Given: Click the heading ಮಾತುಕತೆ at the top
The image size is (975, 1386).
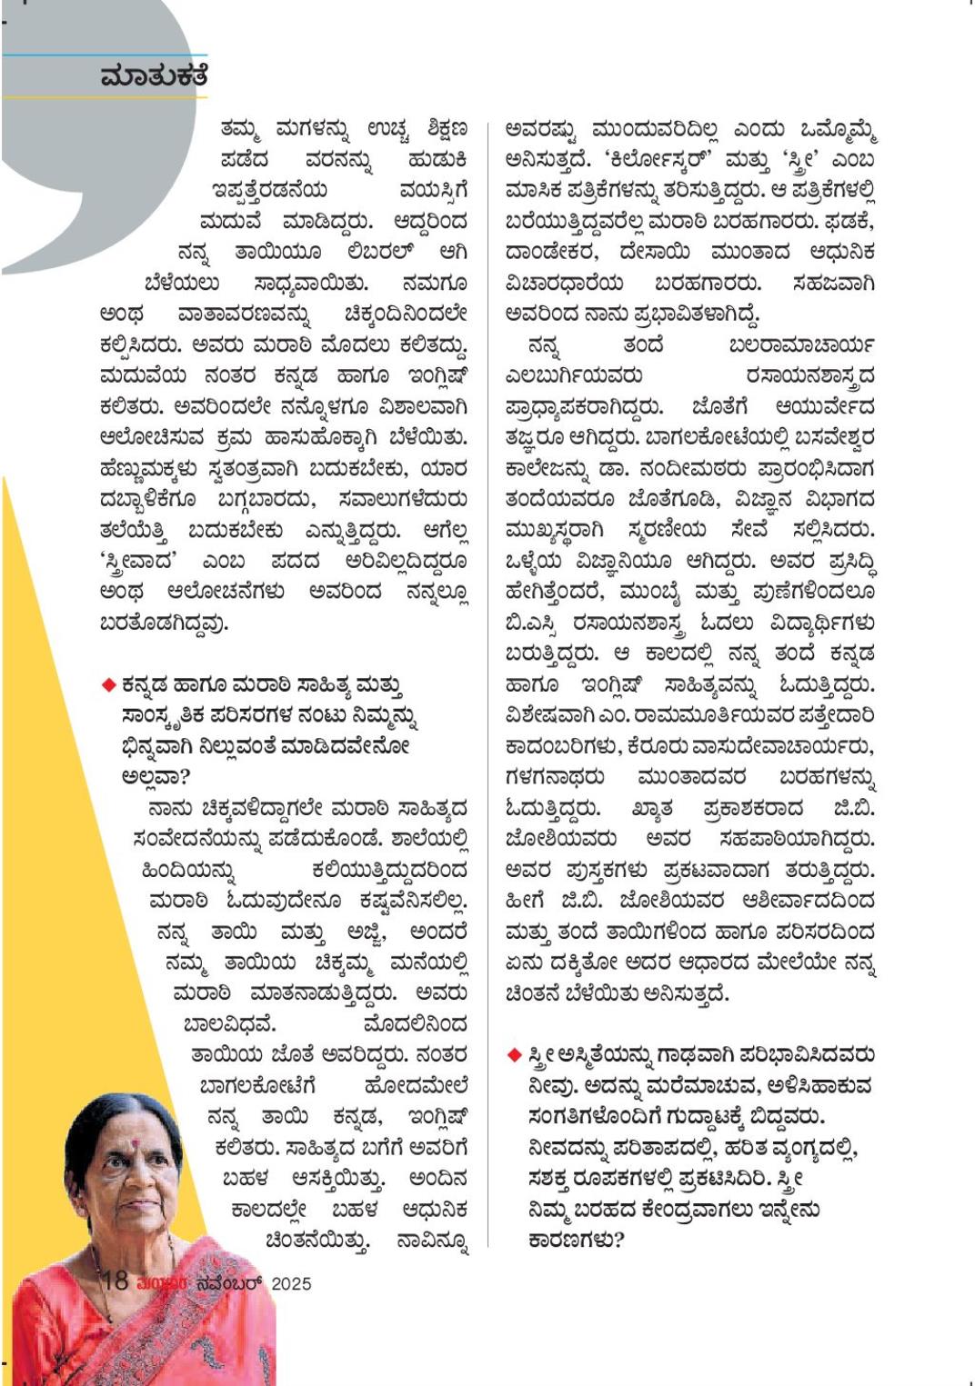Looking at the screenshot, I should pos(154,76).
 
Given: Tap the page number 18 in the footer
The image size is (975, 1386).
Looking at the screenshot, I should pos(115,1281).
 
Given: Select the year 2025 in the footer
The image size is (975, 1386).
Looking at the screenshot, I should pos(291,1283).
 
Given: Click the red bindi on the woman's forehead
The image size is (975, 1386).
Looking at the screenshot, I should pos(133,1140).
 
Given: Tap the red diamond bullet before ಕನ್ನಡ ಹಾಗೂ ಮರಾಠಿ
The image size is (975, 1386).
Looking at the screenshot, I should pos(108,684).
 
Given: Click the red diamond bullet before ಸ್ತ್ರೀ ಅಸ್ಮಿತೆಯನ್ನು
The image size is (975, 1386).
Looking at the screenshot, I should pos(514,1055).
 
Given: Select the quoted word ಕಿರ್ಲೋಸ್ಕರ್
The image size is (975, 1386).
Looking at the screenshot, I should pos(656,159).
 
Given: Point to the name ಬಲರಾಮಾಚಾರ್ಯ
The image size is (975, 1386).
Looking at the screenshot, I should pos(801,344).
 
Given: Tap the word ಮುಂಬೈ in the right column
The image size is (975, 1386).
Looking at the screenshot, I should pos(648,592).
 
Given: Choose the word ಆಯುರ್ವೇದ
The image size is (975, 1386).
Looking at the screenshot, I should pos(825,406).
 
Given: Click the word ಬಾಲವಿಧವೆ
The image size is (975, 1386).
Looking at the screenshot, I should pos(229,1024).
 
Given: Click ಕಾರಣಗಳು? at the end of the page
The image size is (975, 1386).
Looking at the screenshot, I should pos(576,1241).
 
